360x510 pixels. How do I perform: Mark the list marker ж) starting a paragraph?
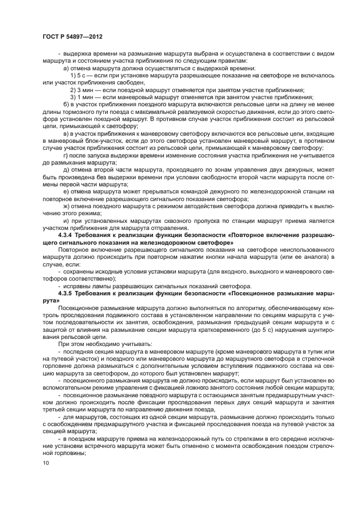(67, 207)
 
